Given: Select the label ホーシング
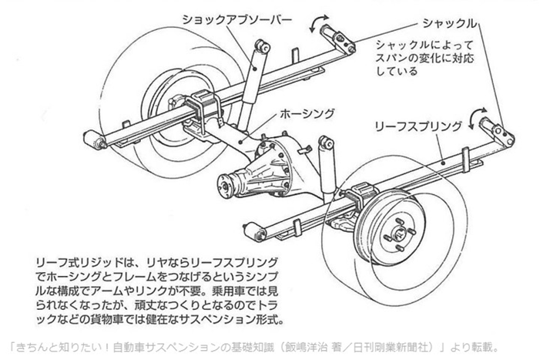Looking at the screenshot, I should (309, 113).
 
